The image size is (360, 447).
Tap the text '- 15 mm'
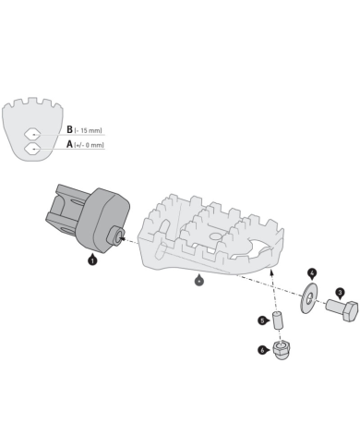pos(89,131)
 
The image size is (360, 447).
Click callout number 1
pos(92,261)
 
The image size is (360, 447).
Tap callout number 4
pos(311,273)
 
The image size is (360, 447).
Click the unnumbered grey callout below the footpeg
pos(200,280)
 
